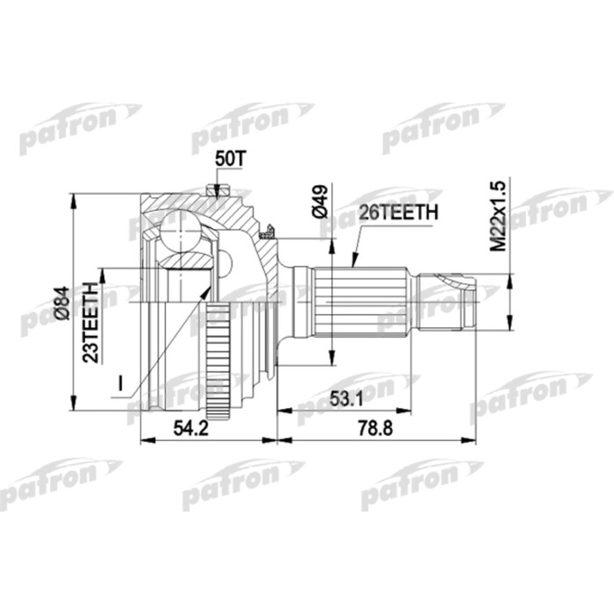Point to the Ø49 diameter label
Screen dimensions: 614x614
pyautogui.click(x=318, y=203)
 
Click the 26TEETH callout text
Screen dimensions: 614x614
pyautogui.click(x=398, y=211)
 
